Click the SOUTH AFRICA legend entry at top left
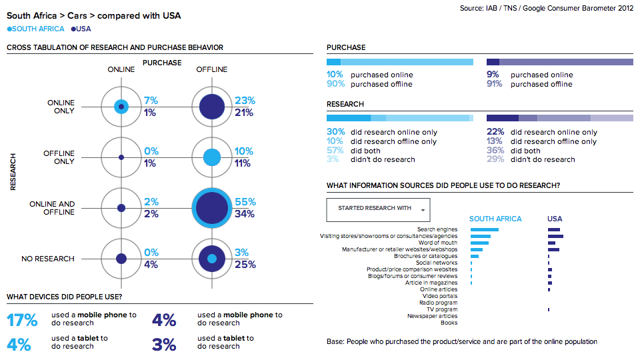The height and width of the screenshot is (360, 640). pos(37,29)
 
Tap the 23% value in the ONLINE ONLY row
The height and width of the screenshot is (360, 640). pos(245,100)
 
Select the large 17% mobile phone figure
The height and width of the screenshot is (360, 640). pos(22,320)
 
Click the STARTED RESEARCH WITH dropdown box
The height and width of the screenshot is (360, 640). pos(378,209)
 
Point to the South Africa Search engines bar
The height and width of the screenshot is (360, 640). pos(484,229)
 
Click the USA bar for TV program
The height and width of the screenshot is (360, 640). pos(548,309)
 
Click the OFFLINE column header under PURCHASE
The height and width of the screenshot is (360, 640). pos(211,69)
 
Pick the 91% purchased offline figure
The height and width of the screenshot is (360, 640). pos(495,84)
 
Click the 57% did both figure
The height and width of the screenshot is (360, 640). pos(336,151)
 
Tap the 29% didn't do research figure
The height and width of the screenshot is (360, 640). pos(495,159)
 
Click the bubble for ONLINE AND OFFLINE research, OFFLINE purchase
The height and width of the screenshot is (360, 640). pos(212,208)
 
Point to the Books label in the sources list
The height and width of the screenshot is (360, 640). pos(449,323)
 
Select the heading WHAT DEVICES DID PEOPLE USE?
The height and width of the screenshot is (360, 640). pos(64,297)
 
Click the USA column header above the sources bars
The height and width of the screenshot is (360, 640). pos(555,219)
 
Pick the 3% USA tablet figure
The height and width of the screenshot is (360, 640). pos(164,344)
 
